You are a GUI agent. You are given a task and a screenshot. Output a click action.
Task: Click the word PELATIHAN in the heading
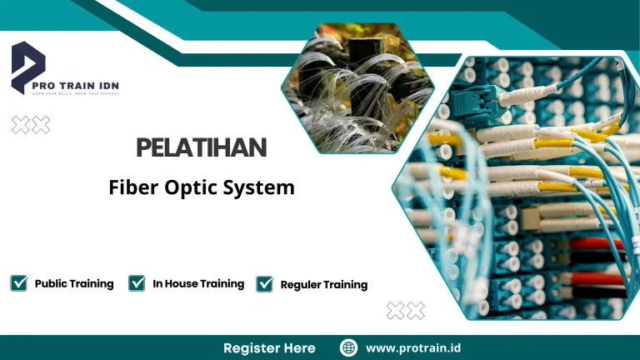pos(201,149)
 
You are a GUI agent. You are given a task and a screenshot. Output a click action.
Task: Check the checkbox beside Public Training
pos(18,283)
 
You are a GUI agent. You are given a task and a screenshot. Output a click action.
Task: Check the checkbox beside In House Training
pos(137,283)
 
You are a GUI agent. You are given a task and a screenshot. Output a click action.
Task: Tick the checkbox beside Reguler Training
pos(265,284)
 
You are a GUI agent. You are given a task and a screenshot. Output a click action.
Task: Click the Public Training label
pos(74,283)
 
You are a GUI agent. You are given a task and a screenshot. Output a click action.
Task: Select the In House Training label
pos(198,283)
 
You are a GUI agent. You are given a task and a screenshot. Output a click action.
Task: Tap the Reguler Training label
pos(324,285)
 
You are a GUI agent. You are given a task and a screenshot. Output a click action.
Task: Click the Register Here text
pos(269,347)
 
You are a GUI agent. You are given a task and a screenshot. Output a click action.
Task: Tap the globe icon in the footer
pos(348,347)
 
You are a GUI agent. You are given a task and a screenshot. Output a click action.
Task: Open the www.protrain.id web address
pos(414,347)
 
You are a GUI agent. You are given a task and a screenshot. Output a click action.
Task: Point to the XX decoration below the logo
pos(31,125)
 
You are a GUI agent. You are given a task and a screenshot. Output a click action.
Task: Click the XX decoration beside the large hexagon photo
pos(405,311)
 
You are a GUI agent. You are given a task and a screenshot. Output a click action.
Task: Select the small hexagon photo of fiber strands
pos(358,87)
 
